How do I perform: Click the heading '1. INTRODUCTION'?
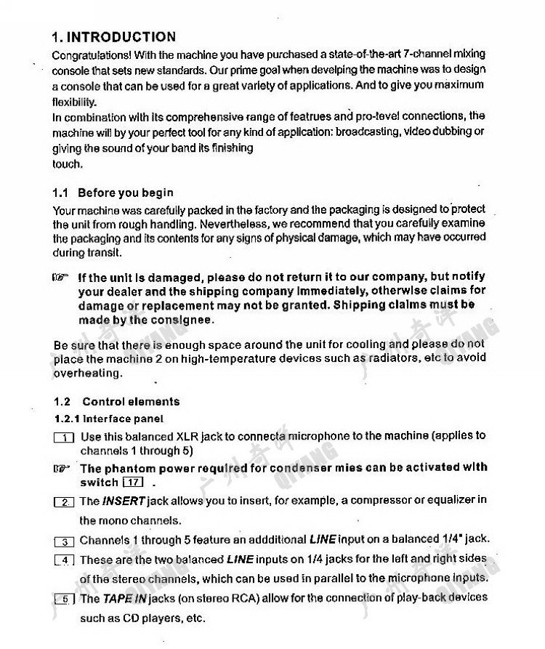(114, 37)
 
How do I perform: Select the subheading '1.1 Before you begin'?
(113, 193)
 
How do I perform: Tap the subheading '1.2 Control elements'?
(116, 401)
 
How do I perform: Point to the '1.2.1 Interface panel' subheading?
(109, 419)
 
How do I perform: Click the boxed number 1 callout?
(64, 437)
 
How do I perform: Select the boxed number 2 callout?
(64, 502)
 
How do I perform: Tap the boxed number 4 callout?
(64, 560)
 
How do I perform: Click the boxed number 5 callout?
(64, 600)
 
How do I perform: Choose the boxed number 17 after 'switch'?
(133, 483)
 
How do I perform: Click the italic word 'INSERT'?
(124, 501)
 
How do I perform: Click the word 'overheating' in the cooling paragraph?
(86, 374)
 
